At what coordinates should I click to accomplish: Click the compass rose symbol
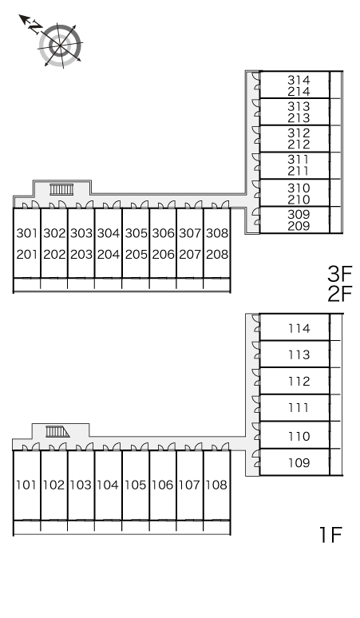[60, 46]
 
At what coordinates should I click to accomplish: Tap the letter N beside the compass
[36, 27]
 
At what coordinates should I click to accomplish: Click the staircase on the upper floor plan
[61, 189]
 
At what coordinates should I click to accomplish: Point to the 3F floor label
[339, 274]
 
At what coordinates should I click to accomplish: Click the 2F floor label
[339, 295]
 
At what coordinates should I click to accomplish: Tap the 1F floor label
[330, 535]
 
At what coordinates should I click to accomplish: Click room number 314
[299, 80]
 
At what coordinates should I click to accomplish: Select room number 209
[299, 226]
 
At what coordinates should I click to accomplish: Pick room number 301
[27, 233]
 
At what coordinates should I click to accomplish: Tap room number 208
[217, 255]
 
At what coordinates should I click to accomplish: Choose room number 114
[299, 328]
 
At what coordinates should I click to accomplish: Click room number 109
[299, 462]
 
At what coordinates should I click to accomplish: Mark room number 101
[26, 485]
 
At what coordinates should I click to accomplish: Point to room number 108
[216, 485]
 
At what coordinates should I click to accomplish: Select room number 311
[299, 160]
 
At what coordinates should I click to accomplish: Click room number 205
[136, 255]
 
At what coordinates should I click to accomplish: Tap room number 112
[299, 382]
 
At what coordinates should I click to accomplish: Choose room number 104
[108, 485]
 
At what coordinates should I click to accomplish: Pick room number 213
[299, 118]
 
